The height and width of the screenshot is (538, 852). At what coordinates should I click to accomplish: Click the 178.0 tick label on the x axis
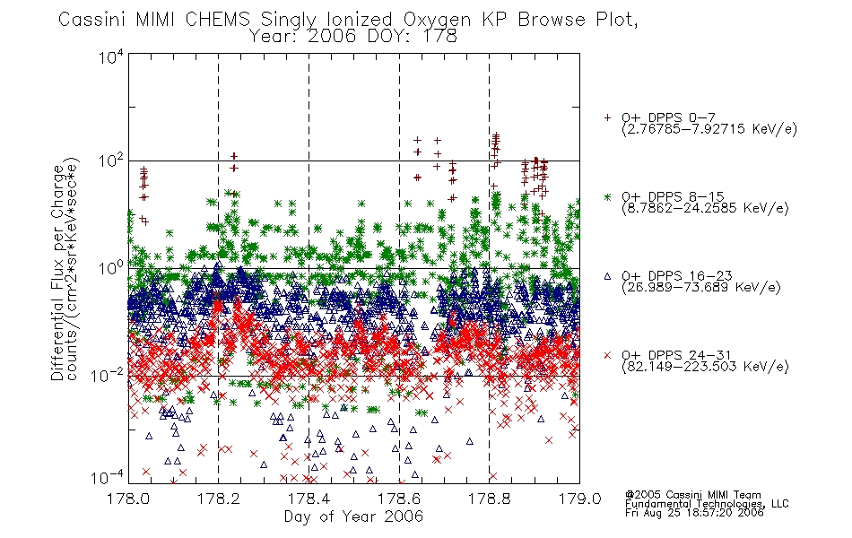[x=128, y=499]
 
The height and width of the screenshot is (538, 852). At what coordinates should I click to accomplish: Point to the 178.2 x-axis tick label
[x=219, y=499]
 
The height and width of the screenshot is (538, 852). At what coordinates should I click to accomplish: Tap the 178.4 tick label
[x=309, y=499]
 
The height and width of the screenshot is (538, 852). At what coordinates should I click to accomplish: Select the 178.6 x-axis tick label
[x=399, y=499]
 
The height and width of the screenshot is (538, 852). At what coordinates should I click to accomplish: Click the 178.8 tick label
[x=489, y=499]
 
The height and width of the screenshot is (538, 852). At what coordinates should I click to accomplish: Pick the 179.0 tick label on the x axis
[x=579, y=499]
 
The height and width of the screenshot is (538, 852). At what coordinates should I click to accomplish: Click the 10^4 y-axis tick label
[x=111, y=57]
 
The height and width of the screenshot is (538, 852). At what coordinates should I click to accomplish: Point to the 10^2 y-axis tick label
[x=111, y=161]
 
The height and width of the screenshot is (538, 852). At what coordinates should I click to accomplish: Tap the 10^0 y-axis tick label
[x=111, y=269]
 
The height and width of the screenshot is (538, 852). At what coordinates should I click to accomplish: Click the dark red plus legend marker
[x=607, y=117]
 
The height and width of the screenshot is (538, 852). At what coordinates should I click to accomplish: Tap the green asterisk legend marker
[x=607, y=196]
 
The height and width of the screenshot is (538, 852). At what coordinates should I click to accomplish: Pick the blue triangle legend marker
[x=607, y=276]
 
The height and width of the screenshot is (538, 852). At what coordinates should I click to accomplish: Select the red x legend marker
[x=607, y=355]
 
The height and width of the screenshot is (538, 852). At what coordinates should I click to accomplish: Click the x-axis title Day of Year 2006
[x=353, y=516]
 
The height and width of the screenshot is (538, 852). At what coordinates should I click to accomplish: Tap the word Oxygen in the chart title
[x=437, y=20]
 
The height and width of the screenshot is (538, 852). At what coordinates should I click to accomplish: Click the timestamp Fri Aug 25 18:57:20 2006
[x=694, y=513]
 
